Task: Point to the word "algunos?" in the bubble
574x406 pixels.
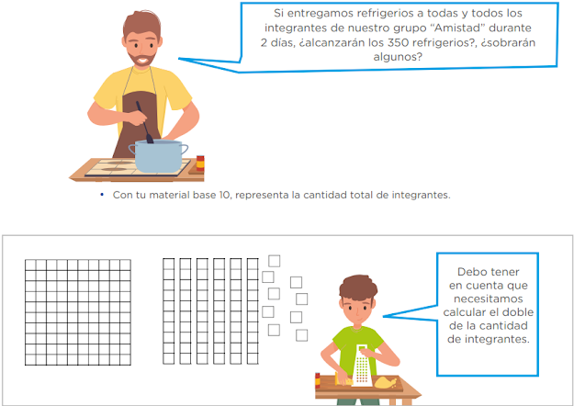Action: pos(398,57)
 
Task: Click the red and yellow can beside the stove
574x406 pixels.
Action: pos(200,164)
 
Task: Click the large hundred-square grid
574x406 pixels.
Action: pos(78,312)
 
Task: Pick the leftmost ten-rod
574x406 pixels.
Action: pos(168,311)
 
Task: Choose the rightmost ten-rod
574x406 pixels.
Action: pos(253,311)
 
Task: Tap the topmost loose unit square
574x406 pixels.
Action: pos(275,261)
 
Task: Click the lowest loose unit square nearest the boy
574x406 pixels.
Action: pos(301,335)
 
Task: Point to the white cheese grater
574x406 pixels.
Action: pos(363,365)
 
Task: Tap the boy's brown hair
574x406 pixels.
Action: pos(357,288)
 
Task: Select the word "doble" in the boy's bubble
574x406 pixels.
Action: pos(519,312)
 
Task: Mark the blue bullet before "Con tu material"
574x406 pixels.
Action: pos(102,195)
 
